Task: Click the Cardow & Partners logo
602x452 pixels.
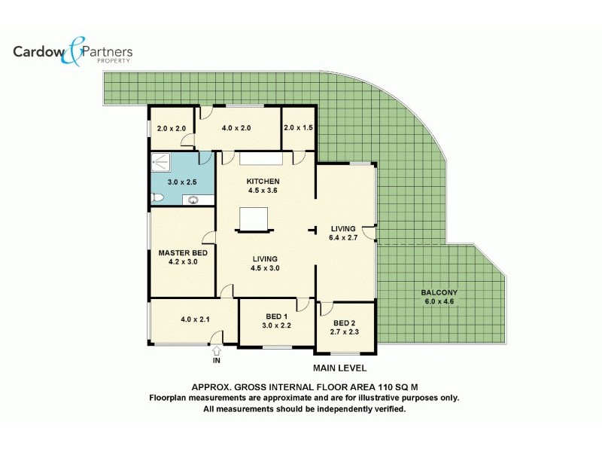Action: [73, 53]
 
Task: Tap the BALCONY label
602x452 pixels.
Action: [439, 292]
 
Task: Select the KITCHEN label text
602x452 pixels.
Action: [263, 182]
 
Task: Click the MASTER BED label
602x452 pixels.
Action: [183, 253]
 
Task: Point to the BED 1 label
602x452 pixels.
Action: [276, 316]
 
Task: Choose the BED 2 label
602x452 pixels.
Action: [345, 322]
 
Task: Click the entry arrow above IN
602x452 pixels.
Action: [217, 350]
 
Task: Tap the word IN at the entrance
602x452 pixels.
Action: [217, 361]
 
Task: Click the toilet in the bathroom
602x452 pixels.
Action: [157, 197]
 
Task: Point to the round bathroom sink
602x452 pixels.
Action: [193, 200]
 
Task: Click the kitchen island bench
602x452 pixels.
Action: [253, 219]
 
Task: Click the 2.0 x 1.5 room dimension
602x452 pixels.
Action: [298, 128]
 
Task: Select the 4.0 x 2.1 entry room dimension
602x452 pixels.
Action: [195, 319]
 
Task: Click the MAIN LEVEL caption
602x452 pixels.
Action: [339, 368]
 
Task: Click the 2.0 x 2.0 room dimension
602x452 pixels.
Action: [172, 128]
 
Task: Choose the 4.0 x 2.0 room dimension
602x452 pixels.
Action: [236, 128]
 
